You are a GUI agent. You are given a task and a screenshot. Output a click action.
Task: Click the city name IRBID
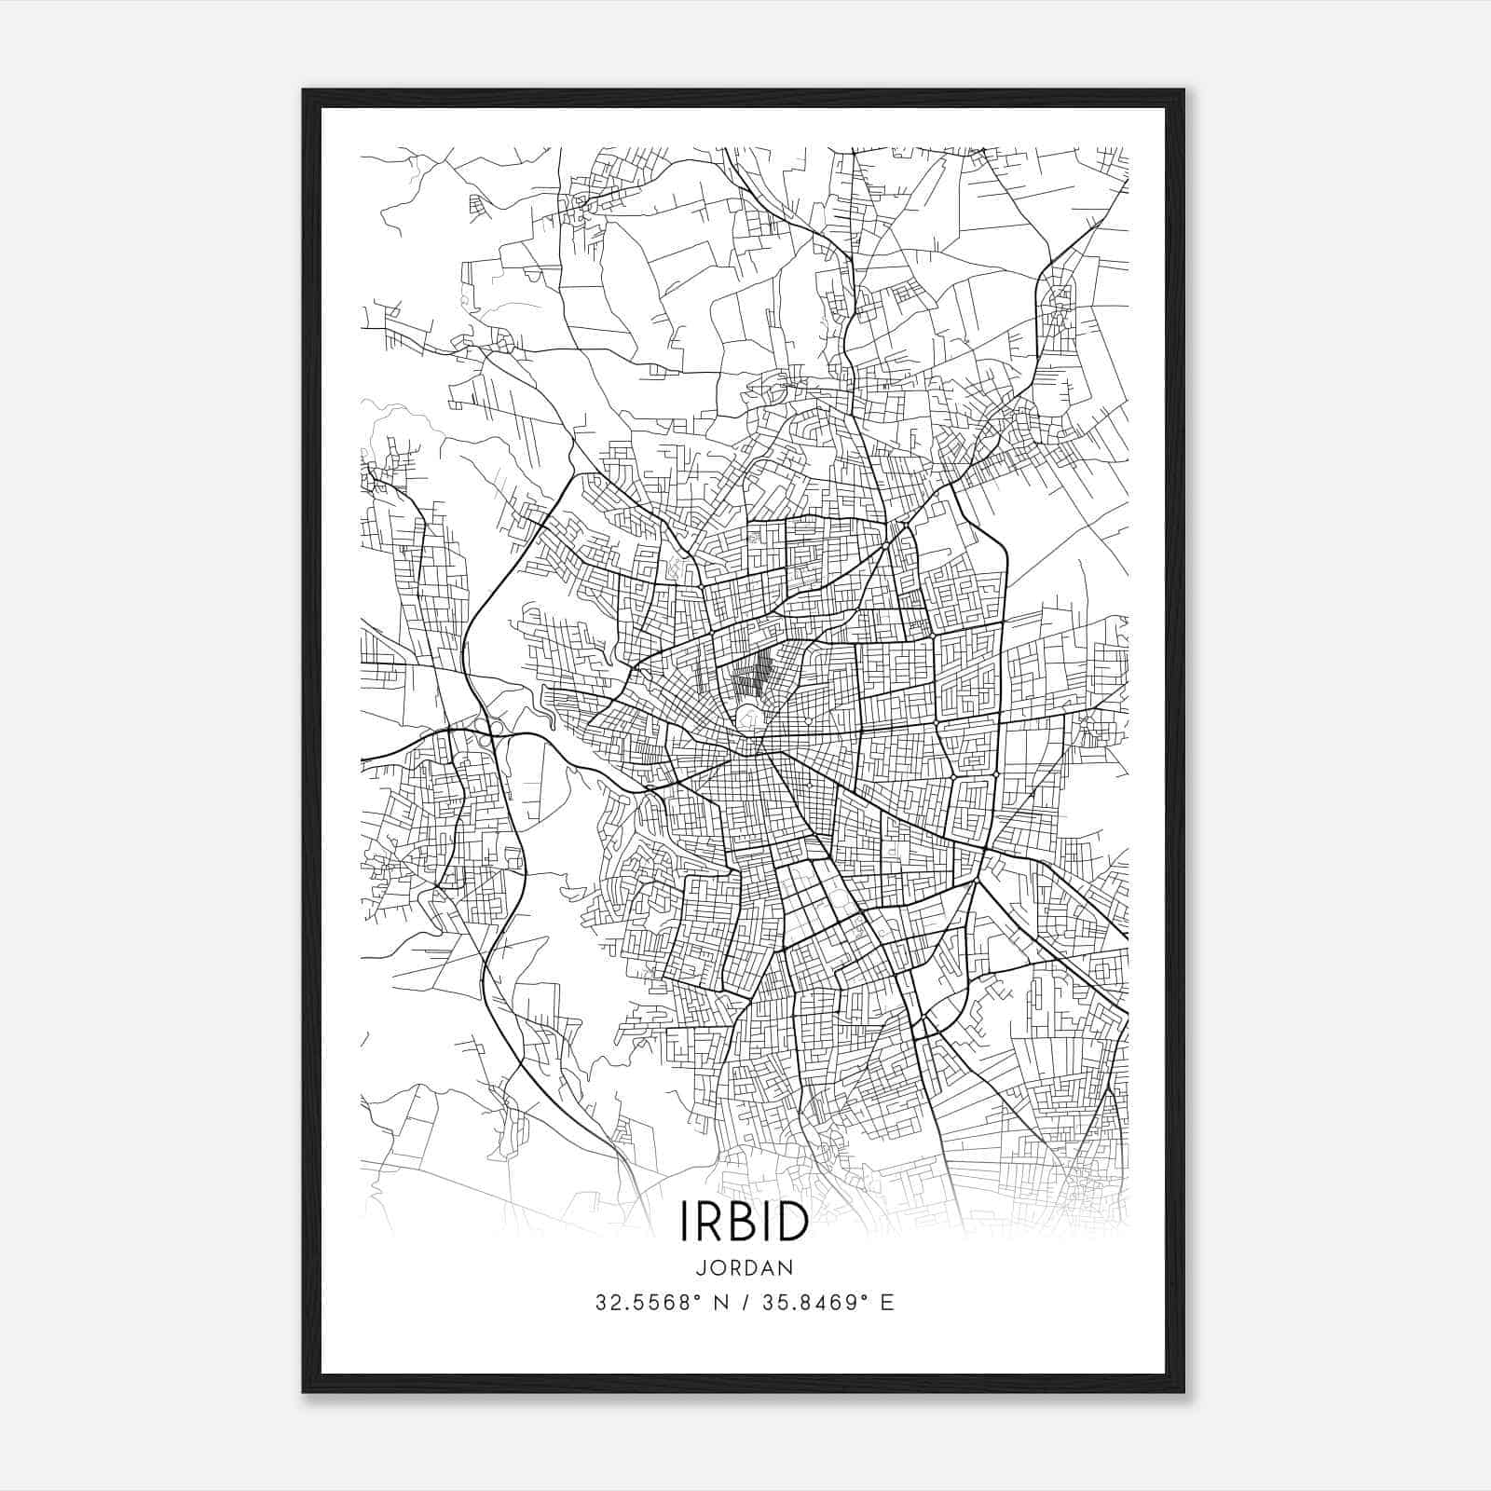click(x=744, y=1220)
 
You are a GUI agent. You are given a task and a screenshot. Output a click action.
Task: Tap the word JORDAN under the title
click(x=744, y=1268)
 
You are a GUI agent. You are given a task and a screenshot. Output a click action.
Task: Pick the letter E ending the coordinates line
click(x=887, y=1302)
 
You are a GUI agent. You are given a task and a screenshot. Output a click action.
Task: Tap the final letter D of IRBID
click(x=789, y=1220)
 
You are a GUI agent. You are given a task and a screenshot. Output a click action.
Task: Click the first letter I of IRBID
click(x=687, y=1220)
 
